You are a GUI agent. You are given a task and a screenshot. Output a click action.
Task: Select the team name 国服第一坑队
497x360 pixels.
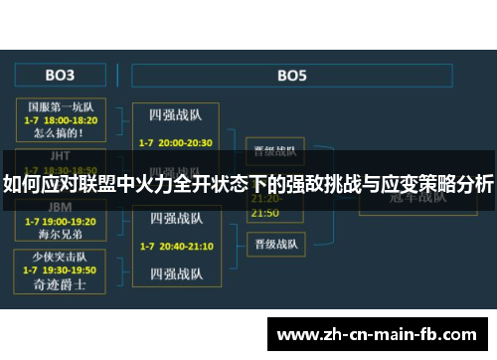coord(61,104)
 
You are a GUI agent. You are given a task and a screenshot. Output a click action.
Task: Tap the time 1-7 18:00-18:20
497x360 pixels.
coord(61,117)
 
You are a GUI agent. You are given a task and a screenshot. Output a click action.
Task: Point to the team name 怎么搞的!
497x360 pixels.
coord(61,131)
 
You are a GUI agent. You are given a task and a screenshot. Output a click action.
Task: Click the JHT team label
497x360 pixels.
coord(61,155)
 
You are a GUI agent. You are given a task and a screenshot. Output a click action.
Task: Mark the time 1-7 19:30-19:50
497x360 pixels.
coord(61,270)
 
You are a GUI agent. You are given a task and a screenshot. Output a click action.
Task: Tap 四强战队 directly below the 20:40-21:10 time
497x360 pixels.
coord(176,272)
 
